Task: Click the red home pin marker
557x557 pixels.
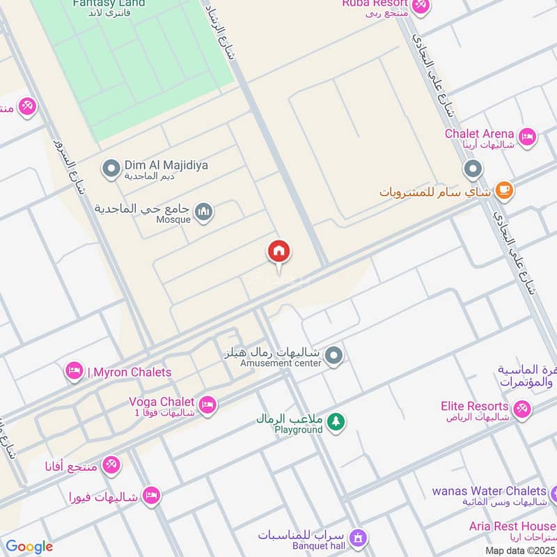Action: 279,252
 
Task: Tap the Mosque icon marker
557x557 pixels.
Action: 204,212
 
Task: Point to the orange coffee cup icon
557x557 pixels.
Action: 504,190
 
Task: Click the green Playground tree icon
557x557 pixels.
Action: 336,422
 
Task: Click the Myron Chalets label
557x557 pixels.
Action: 129,372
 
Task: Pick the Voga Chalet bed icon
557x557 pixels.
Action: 207,404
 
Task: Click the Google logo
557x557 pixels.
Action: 29,547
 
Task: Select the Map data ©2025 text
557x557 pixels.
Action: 519,550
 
